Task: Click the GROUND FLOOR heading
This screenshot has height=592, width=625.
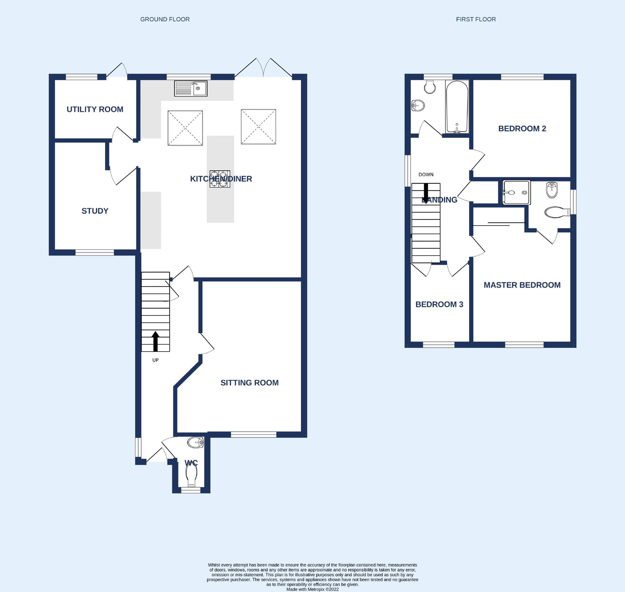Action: [x=165, y=19]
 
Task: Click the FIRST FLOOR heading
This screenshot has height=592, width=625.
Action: [x=475, y=19]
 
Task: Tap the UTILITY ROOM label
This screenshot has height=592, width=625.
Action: [x=95, y=109]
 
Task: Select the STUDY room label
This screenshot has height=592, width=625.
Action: [x=95, y=211]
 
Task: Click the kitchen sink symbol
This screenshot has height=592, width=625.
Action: [x=191, y=88]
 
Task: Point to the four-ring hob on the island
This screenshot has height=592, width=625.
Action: [x=220, y=179]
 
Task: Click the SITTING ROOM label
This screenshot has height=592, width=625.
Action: [x=249, y=382]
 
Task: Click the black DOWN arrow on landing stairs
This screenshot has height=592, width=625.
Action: [x=426, y=193]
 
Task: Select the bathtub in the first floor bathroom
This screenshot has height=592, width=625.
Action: [x=457, y=107]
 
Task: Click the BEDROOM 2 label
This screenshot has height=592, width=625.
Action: [x=522, y=129]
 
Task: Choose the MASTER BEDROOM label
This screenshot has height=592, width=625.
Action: [x=522, y=285]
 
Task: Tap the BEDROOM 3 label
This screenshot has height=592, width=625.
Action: [x=439, y=304]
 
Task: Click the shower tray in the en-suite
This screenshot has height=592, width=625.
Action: [x=517, y=192]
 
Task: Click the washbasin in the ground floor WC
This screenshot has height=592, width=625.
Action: [x=196, y=443]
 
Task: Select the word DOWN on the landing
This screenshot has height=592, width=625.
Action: [x=426, y=175]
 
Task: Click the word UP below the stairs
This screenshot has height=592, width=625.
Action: [x=155, y=360]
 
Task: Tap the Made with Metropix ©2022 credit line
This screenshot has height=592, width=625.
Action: [x=312, y=589]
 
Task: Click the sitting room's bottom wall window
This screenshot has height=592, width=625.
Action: [x=253, y=435]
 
